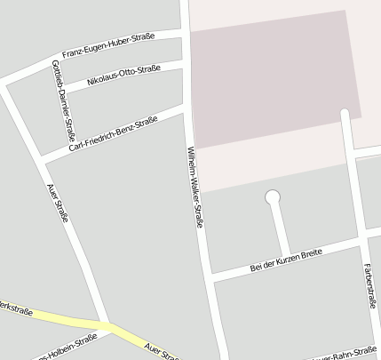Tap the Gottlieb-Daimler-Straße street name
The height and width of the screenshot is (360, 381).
[62, 100]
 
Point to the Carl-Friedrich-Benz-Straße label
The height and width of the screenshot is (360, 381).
[113, 133]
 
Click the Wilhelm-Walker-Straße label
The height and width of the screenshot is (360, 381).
[194, 186]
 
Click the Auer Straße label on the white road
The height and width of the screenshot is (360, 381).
[58, 203]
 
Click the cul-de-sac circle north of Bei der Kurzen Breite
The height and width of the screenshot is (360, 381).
[273, 196]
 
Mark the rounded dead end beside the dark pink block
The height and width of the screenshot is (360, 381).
[345, 113]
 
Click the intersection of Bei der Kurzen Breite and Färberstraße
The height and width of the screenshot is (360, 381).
[362, 238]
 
